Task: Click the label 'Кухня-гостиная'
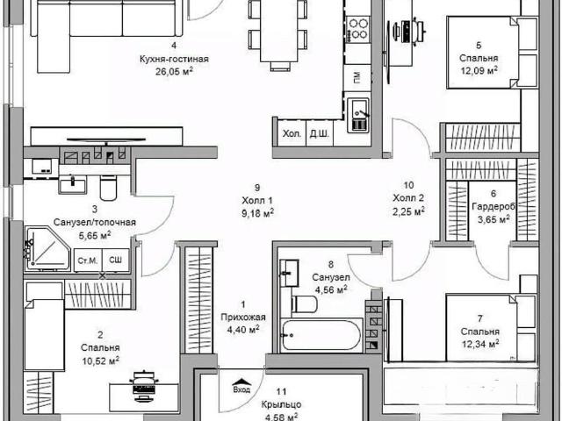pyautogui.click(x=174, y=59)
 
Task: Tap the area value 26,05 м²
pyautogui.click(x=174, y=71)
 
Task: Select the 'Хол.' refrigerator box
pyautogui.click(x=292, y=133)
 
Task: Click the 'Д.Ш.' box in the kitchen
pyautogui.click(x=320, y=133)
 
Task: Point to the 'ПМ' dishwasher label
pyautogui.click(x=357, y=76)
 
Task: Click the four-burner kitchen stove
pyautogui.click(x=357, y=29)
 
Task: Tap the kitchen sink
pyautogui.click(x=358, y=115)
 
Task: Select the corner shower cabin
pyautogui.click(x=47, y=248)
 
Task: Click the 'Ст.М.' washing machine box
pyautogui.click(x=88, y=260)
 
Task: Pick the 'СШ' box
pyautogui.click(x=115, y=260)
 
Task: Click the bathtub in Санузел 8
pyautogui.click(x=321, y=335)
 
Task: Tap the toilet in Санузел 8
pyautogui.click(x=305, y=304)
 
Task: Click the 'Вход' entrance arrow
pyautogui.click(x=241, y=386)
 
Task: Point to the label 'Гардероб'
pyautogui.click(x=494, y=207)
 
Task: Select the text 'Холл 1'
pyautogui.click(x=257, y=200)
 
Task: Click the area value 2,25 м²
pyautogui.click(x=408, y=211)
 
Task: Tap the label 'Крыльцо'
pyautogui.click(x=281, y=404)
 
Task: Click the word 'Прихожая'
pyautogui.click(x=243, y=318)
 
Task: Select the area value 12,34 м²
pyautogui.click(x=480, y=344)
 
